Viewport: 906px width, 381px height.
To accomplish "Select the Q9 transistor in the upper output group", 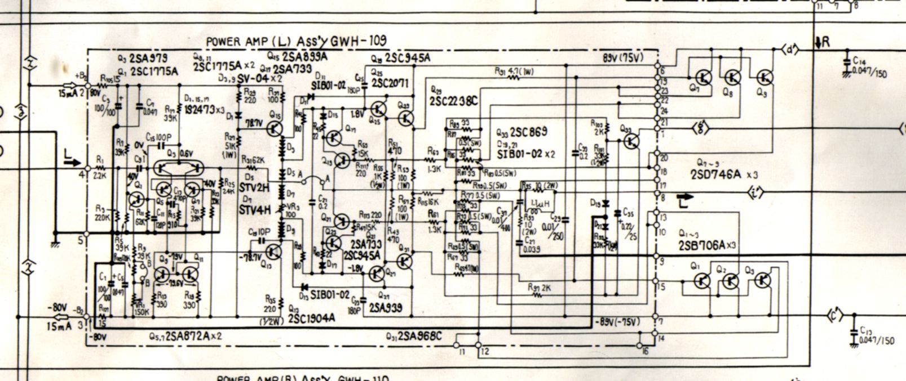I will tap(764, 77).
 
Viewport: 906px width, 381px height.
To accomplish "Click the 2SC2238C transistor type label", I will tap(454, 100).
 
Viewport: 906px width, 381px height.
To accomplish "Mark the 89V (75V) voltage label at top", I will tap(622, 57).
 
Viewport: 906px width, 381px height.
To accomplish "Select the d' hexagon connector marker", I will tap(791, 51).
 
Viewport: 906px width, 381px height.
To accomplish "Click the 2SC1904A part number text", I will tap(311, 317).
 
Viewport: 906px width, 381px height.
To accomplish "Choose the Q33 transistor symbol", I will tap(631, 140).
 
